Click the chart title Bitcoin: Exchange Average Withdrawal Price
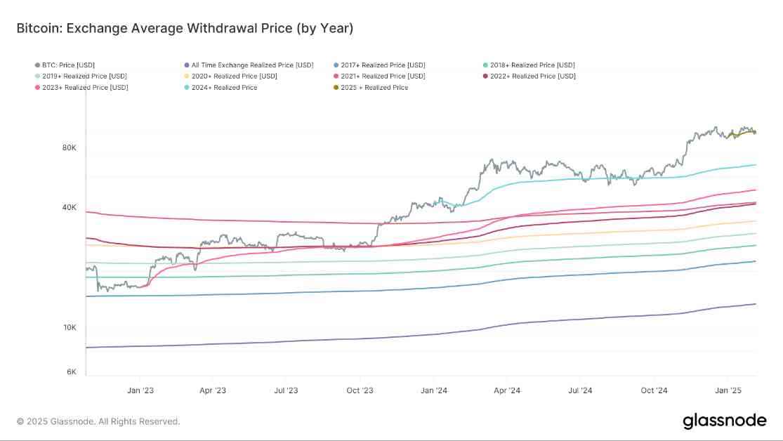click(185, 29)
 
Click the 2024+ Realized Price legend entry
click(225, 88)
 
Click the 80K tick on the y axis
click(69, 147)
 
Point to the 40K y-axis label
click(69, 207)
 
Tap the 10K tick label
click(69, 328)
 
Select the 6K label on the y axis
click(71, 372)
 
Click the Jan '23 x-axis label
click(140, 390)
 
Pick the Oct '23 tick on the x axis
click(359, 390)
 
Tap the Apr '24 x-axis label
click(506, 390)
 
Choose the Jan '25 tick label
click(728, 390)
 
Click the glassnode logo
click(724, 421)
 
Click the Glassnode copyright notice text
click(98, 421)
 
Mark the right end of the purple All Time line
click(756, 304)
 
